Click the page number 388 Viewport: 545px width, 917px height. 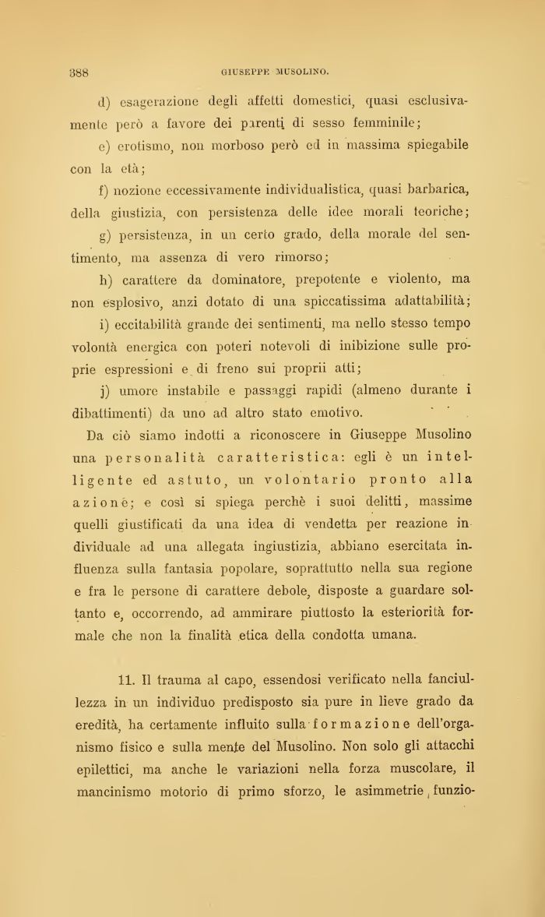pos(79,73)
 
